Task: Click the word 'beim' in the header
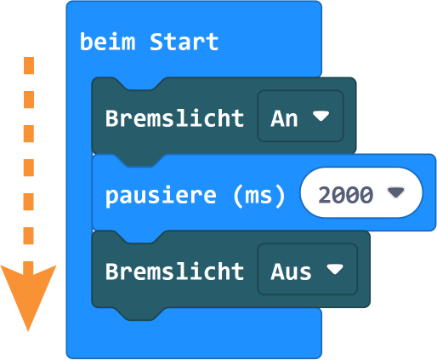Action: click(x=108, y=42)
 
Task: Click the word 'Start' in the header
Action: click(x=184, y=42)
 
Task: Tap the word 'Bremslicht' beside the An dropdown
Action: click(x=174, y=118)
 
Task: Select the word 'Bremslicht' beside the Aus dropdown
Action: click(x=174, y=271)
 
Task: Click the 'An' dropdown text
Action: click(x=284, y=118)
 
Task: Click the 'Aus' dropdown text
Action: click(x=291, y=271)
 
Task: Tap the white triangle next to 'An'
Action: click(x=321, y=116)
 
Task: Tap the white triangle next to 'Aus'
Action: click(x=335, y=269)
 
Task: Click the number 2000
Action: click(x=345, y=195)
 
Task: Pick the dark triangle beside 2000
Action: click(x=396, y=192)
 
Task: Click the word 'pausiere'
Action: click(x=161, y=196)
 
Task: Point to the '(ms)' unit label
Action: click(x=259, y=196)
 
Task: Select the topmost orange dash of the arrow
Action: click(x=29, y=66)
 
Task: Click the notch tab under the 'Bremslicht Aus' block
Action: click(x=139, y=314)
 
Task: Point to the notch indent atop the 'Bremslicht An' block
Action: click(x=139, y=83)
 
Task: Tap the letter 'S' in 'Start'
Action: click(x=156, y=42)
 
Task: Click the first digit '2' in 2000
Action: click(x=325, y=195)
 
